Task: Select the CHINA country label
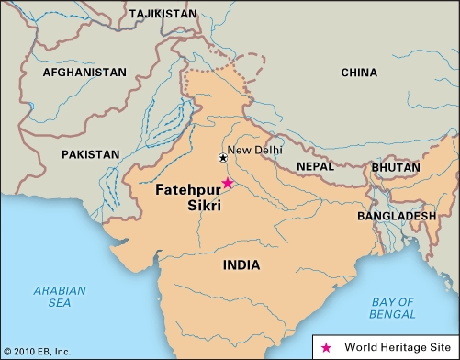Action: (358, 72)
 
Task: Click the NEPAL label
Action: (316, 166)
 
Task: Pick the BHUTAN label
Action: (396, 168)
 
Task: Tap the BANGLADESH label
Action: (397, 215)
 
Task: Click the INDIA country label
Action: (241, 264)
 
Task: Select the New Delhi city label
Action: (255, 150)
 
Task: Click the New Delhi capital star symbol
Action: (222, 158)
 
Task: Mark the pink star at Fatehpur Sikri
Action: (228, 183)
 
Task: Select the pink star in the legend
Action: (326, 347)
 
